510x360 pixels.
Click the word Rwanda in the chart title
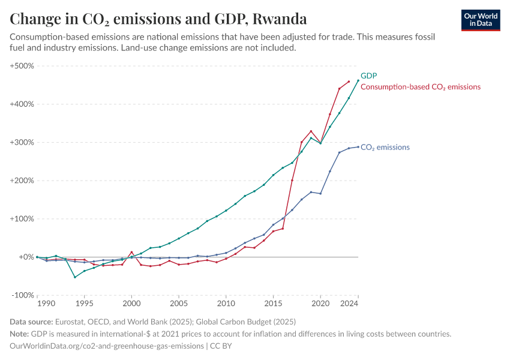pyautogui.click(x=280, y=19)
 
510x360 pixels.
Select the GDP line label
pyautogui.click(x=368, y=76)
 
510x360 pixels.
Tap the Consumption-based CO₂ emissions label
pyautogui.click(x=420, y=87)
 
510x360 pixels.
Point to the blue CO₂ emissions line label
pyautogui.click(x=385, y=147)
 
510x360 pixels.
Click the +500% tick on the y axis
pyautogui.click(x=22, y=65)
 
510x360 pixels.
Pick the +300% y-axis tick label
pyautogui.click(x=22, y=142)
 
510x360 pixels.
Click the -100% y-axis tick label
pyautogui.click(x=22, y=295)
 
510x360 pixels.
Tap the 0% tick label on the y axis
pyautogui.click(x=25, y=257)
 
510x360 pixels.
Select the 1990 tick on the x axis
pyautogui.click(x=37, y=304)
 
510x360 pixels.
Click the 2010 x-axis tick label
pyautogui.click(x=226, y=304)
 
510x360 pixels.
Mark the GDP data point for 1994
pyautogui.click(x=75, y=277)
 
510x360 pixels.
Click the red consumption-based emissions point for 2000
pyautogui.click(x=131, y=252)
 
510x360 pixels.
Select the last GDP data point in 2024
pyautogui.click(x=358, y=80)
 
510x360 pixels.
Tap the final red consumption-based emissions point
pyautogui.click(x=349, y=82)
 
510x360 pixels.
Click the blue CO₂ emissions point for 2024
pyautogui.click(x=358, y=147)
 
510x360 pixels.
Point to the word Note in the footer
pyautogui.click(x=20, y=334)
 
